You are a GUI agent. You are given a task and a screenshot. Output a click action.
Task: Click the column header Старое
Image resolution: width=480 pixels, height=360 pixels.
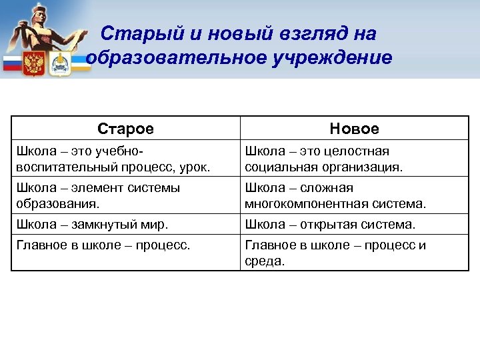click(x=125, y=129)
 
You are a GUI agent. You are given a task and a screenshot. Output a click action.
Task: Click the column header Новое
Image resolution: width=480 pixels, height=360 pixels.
click(x=354, y=129)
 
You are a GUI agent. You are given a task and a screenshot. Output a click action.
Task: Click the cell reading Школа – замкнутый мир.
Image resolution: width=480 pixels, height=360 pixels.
click(x=93, y=225)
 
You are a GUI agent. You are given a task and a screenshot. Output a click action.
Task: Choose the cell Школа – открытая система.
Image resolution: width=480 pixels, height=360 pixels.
click(x=330, y=225)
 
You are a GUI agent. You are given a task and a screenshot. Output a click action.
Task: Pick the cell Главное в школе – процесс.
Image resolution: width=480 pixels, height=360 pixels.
click(x=104, y=245)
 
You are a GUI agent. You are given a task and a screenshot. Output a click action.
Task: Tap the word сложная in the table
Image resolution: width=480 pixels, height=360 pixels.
click(x=329, y=188)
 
